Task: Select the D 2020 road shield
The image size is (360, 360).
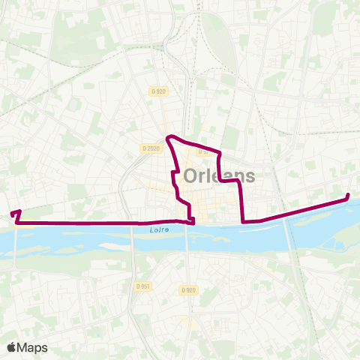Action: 151,148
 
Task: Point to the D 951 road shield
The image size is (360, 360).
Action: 143,286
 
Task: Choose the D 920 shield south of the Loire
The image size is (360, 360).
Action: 187,289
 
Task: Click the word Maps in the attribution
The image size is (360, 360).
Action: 32,347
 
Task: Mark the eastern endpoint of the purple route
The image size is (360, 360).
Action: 348,196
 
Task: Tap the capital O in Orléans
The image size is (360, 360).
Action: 191,177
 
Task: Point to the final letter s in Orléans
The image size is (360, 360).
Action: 249,177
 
